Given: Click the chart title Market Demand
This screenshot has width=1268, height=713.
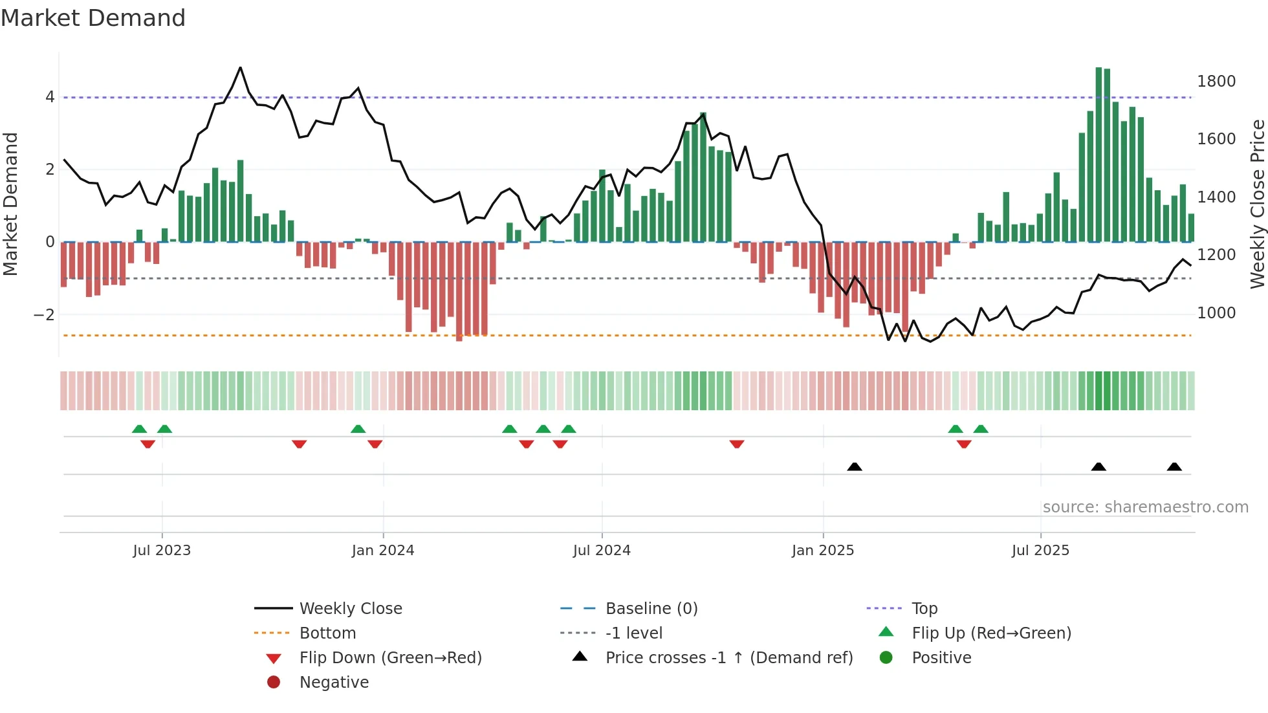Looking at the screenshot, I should (x=93, y=18).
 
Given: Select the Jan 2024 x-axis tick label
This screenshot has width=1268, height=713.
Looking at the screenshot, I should (x=383, y=551).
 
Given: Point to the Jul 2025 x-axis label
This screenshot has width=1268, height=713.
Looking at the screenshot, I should (x=1040, y=551).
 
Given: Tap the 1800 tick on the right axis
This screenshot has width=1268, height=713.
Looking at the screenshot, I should (x=1216, y=82).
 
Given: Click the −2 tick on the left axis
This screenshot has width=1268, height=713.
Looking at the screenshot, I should (x=44, y=315).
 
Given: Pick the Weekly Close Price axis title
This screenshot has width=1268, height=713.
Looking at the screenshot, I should (x=1257, y=204).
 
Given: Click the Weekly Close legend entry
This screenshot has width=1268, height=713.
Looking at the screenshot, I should (x=350, y=609).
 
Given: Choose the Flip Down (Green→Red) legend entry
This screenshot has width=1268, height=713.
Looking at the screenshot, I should (x=390, y=658).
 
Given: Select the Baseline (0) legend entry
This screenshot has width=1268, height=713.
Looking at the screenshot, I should (x=651, y=609).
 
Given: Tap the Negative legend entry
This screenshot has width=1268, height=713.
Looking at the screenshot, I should (x=334, y=683).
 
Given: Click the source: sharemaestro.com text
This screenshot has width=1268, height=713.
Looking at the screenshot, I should (x=1145, y=507).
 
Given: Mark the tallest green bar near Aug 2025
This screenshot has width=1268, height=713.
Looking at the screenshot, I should (x=1099, y=155).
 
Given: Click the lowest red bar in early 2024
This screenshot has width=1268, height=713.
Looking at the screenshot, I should (x=459, y=291).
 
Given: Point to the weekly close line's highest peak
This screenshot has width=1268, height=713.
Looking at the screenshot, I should (x=241, y=67).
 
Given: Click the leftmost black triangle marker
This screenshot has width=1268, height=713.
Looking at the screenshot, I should (x=855, y=466).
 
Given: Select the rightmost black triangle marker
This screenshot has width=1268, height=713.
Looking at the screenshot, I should (x=1174, y=466).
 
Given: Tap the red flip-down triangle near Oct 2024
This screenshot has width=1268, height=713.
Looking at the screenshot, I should (x=737, y=444).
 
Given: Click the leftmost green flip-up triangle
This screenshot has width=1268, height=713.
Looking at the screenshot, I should (x=139, y=429).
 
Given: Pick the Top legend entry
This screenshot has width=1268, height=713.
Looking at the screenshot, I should (x=924, y=609).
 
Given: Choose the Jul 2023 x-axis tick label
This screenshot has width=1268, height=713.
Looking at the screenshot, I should (x=162, y=551).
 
